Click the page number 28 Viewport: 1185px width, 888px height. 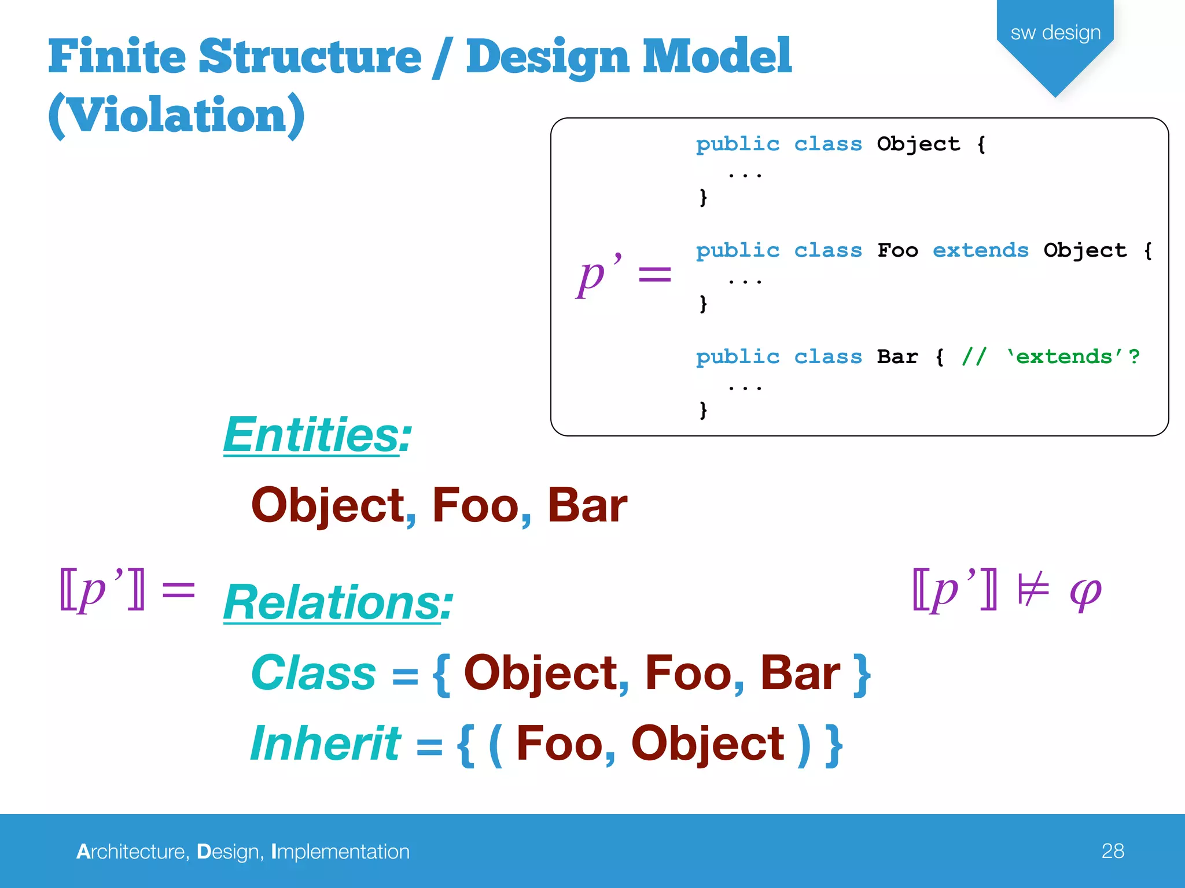(1112, 851)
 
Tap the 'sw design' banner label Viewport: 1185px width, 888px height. (1055, 33)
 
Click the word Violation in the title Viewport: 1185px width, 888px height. (176, 115)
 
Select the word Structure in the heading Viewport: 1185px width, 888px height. (310, 57)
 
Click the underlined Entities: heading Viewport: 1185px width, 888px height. (317, 435)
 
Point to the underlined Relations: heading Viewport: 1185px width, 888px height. (338, 602)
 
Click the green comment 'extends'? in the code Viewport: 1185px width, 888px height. (1072, 357)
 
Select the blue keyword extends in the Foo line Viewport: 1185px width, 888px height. (980, 250)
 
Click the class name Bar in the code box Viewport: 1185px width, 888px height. (897, 357)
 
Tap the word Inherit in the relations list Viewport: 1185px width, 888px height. (325, 743)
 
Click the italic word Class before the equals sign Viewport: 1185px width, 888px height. (314, 673)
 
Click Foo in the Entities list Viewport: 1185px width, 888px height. (476, 505)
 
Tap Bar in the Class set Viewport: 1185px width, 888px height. (800, 673)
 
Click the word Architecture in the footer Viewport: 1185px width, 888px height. (132, 852)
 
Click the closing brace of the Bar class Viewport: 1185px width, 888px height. (703, 410)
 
